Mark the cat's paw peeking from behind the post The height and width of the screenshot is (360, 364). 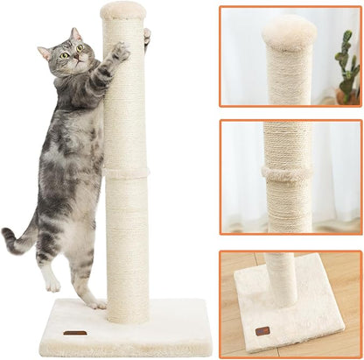point(147,36)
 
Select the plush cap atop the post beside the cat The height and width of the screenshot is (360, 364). point(122,11)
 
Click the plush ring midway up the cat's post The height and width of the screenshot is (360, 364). point(125,173)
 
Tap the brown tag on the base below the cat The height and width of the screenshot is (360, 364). point(75,333)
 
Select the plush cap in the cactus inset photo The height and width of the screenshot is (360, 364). point(289,32)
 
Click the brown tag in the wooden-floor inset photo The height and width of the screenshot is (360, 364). point(262,331)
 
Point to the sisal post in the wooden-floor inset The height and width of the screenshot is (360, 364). point(281,276)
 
